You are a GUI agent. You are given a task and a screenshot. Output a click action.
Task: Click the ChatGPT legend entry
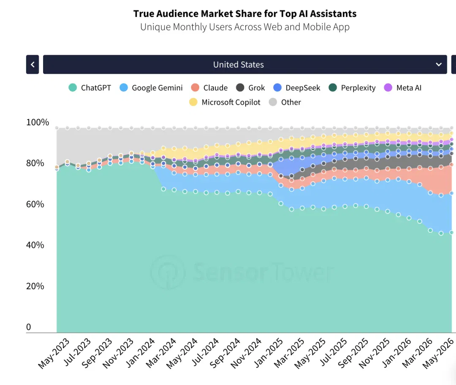pyautogui.click(x=90, y=88)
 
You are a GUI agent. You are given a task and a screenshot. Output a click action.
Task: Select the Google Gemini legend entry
pyautogui.click(x=151, y=88)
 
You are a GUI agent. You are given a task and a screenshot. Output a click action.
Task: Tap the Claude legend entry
pyautogui.click(x=209, y=88)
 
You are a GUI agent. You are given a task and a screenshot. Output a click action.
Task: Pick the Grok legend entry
pyautogui.click(x=250, y=88)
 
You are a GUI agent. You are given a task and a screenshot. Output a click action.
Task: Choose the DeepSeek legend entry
pyautogui.click(x=297, y=88)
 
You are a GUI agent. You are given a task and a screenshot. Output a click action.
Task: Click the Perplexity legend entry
pyautogui.click(x=352, y=88)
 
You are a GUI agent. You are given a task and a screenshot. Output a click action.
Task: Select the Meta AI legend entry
pyautogui.click(x=402, y=88)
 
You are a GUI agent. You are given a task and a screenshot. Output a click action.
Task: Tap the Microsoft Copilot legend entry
pyautogui.click(x=225, y=102)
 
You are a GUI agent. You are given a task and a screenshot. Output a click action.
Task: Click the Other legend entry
pyautogui.click(x=285, y=102)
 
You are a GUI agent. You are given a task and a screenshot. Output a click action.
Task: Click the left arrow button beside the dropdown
pyautogui.click(x=33, y=65)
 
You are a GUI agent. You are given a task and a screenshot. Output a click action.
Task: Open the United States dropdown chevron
pyautogui.click(x=439, y=65)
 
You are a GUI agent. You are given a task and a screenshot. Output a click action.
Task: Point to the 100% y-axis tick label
pyautogui.click(x=38, y=122)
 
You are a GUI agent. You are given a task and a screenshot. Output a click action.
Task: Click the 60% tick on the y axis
pyautogui.click(x=35, y=204)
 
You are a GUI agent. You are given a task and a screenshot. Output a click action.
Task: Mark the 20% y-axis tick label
pyautogui.click(x=35, y=286)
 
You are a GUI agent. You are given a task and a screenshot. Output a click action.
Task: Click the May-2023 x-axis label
pyautogui.click(x=54, y=353)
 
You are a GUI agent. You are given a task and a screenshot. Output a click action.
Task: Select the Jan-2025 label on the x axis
pyautogui.click(x=269, y=353)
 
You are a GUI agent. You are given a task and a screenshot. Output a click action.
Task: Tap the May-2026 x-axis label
pyautogui.click(x=438, y=353)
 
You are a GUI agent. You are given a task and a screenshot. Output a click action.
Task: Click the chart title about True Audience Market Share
pyautogui.click(x=245, y=13)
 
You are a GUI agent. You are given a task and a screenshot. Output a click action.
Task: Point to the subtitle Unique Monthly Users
pyautogui.click(x=245, y=27)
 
